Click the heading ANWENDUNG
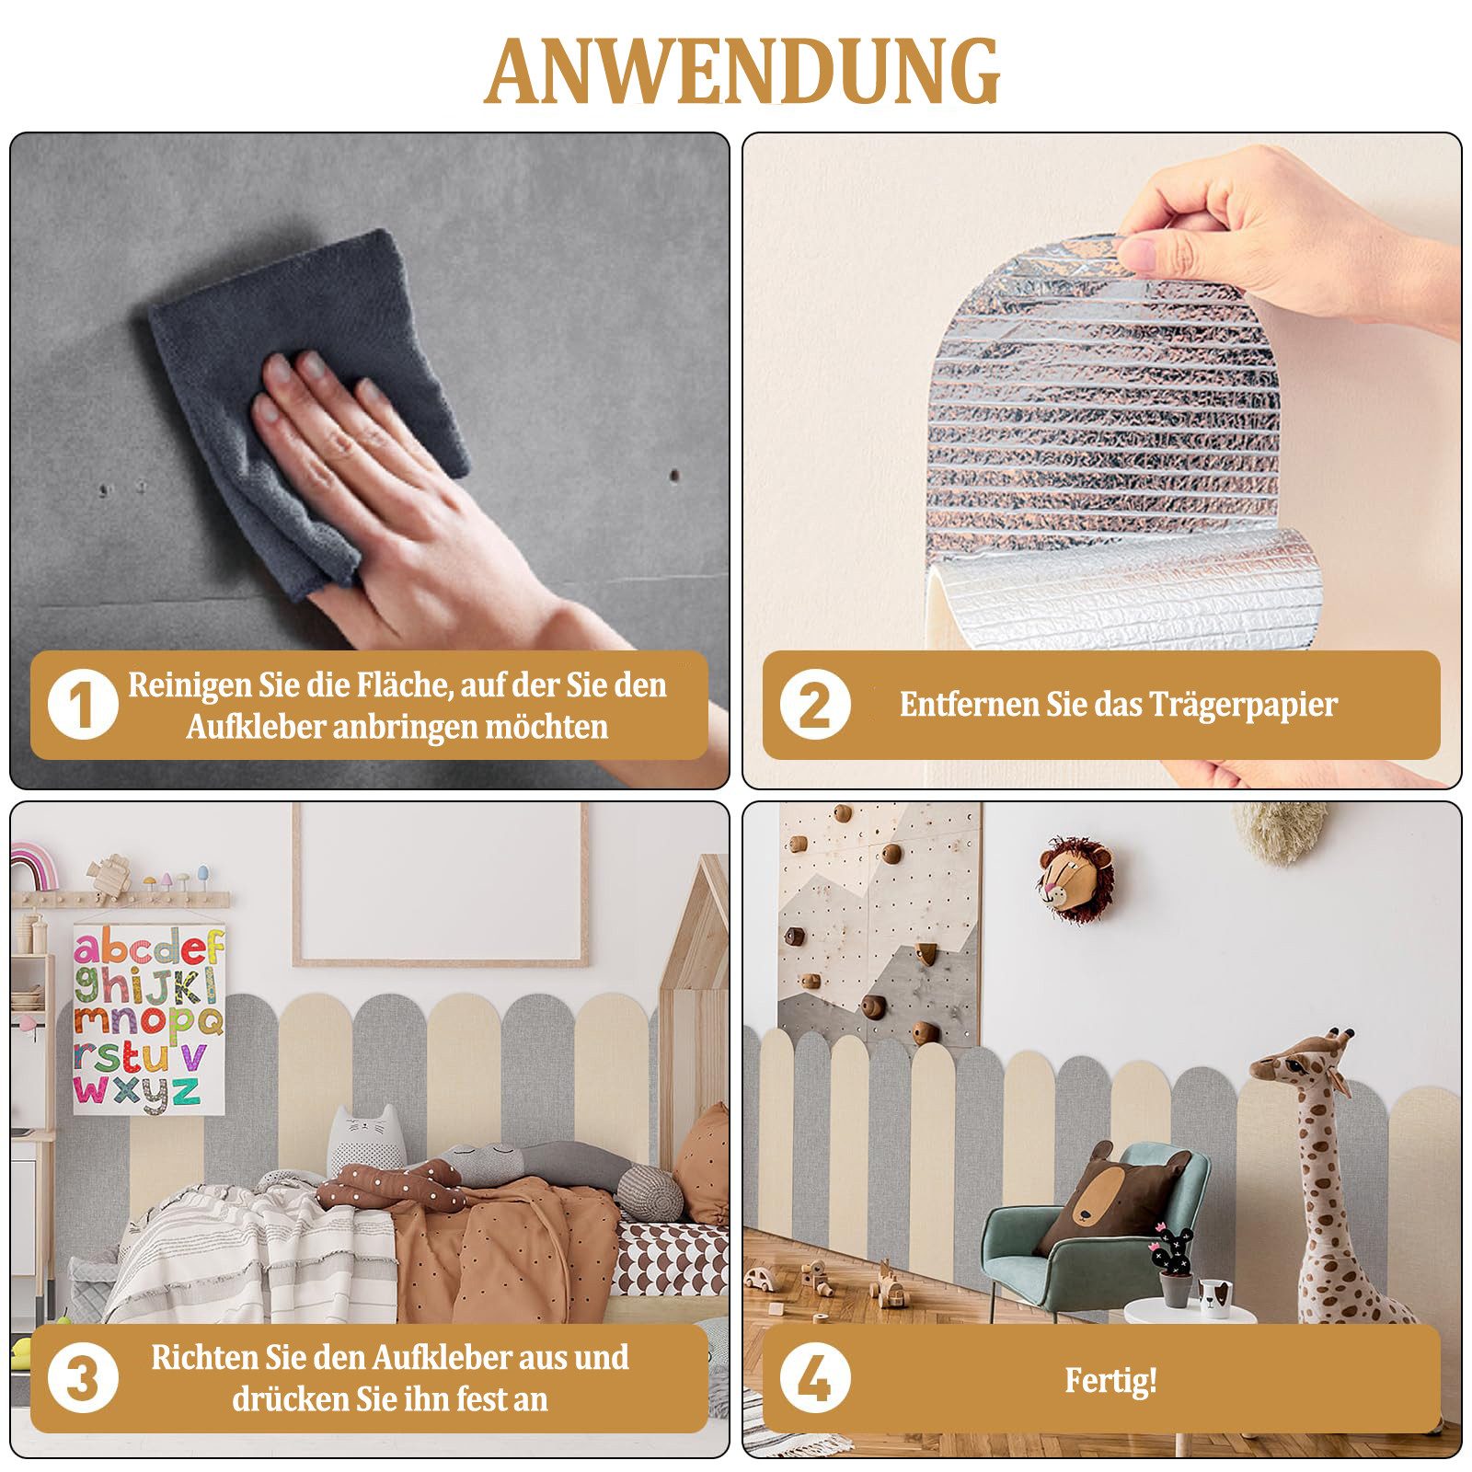(x=742, y=72)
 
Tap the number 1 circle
(x=82, y=706)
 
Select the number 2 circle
(x=814, y=706)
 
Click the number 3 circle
(x=82, y=1379)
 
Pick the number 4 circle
(x=814, y=1379)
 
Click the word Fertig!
(x=1110, y=1380)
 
